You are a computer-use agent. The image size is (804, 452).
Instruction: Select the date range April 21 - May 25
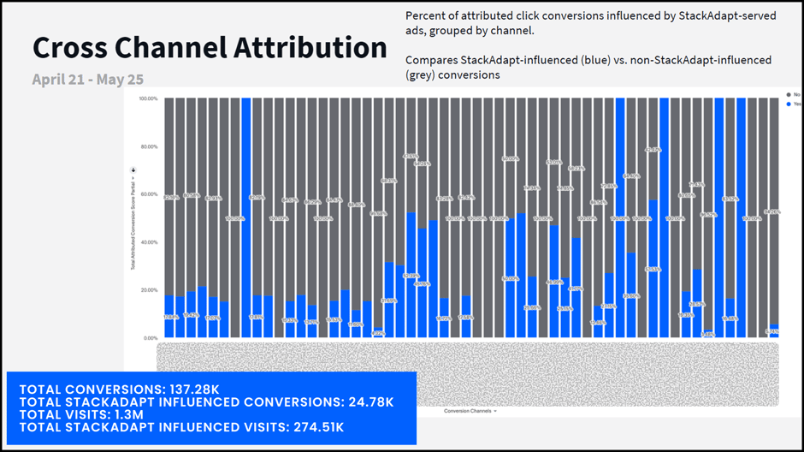click(88, 80)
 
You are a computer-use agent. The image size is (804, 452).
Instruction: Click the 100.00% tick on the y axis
click(147, 98)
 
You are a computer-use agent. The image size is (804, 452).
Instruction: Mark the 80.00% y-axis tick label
click(148, 146)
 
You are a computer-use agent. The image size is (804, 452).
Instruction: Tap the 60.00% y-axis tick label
click(148, 194)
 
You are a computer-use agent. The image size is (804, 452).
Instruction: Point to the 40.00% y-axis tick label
click(148, 242)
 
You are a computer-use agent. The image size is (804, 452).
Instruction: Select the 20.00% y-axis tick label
click(148, 290)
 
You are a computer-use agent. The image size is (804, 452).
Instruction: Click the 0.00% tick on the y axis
click(150, 338)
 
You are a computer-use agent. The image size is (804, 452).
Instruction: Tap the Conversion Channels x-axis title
click(468, 412)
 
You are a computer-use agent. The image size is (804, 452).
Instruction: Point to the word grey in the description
click(421, 74)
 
